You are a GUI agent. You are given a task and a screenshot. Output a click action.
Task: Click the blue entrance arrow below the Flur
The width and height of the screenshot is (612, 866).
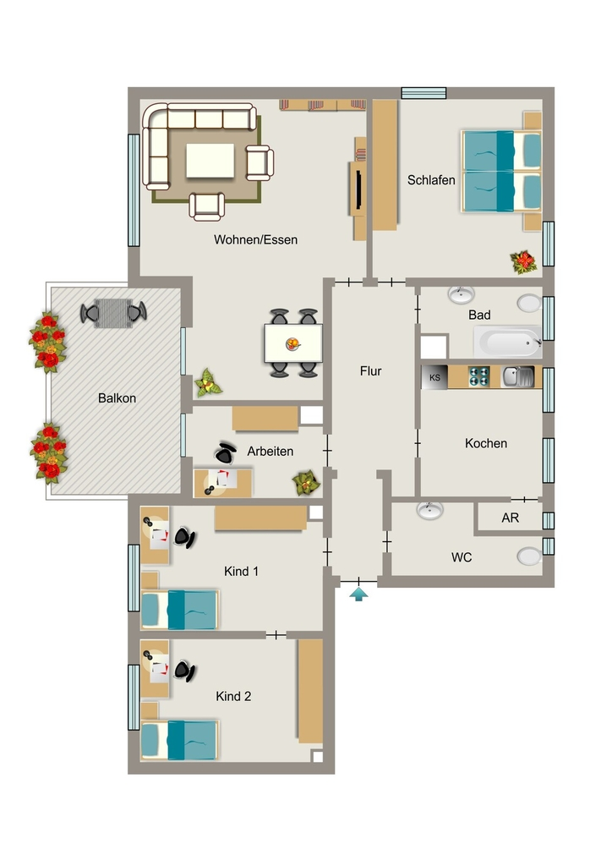coord(358,595)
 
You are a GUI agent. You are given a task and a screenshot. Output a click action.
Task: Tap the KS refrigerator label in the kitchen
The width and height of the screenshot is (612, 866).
coord(434,378)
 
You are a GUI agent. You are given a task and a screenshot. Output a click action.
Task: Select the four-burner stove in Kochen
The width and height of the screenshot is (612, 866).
coord(478,376)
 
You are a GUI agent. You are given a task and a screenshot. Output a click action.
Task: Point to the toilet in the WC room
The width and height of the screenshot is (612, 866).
coord(529,556)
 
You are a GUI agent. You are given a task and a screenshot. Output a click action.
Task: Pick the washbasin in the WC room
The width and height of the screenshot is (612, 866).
coord(430,510)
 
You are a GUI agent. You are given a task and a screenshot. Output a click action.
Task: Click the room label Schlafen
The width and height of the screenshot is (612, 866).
coord(431,180)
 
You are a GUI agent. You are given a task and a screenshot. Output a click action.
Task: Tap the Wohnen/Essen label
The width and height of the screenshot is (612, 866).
coord(255,239)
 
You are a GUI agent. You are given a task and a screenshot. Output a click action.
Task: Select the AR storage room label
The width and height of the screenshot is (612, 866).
coord(510,518)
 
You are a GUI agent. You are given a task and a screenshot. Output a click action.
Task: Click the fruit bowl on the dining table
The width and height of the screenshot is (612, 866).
coord(293,344)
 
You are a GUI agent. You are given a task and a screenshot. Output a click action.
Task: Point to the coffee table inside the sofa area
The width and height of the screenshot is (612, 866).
coord(210,161)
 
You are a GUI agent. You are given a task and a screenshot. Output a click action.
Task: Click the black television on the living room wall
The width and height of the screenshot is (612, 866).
coord(358,189)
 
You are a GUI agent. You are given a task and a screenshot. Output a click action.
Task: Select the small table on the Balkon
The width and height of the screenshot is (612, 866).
coord(113,313)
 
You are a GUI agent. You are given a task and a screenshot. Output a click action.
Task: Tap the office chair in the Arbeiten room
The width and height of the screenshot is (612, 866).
coord(225,453)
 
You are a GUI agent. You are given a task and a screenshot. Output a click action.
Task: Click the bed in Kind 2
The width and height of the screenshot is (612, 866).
coord(180,739)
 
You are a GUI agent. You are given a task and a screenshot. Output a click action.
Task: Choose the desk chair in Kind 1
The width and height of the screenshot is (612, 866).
coord(185,537)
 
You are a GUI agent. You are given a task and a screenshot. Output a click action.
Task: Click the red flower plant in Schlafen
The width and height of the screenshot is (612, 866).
coord(523,262)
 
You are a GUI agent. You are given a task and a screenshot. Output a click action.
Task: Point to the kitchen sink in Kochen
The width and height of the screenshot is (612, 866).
coord(517,376)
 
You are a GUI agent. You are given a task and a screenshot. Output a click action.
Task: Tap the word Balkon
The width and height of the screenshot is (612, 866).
coord(117,398)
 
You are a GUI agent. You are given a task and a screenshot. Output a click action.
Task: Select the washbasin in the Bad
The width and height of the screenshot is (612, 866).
coord(462,295)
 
